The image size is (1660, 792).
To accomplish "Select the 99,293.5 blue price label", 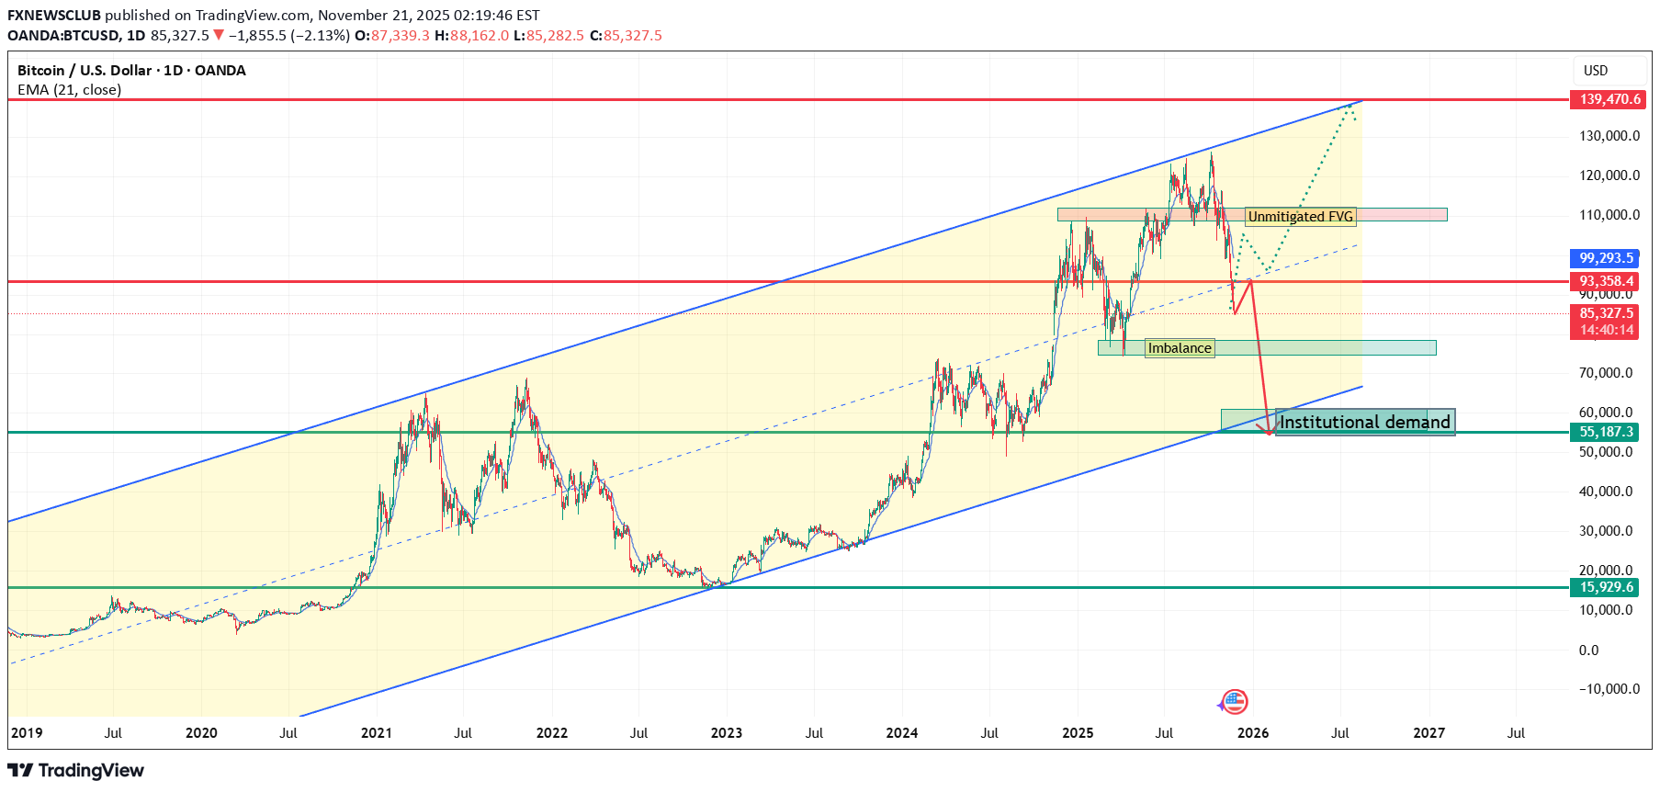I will (x=1606, y=258).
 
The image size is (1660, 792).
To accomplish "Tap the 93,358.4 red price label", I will (x=1606, y=281).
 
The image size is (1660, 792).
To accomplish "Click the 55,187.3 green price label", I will (x=1606, y=432).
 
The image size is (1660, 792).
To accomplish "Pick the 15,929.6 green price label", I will (x=1606, y=587).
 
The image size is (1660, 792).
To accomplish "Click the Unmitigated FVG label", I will (x=1300, y=217).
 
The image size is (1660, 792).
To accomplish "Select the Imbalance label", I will (x=1180, y=348).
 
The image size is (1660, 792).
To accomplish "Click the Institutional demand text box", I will (x=1364, y=422).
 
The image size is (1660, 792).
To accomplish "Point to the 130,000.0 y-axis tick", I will (x=1609, y=136).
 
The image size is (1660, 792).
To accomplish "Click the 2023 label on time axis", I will (x=726, y=733).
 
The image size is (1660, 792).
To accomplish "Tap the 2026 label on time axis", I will (x=1252, y=733).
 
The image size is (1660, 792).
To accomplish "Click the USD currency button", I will (x=1596, y=71).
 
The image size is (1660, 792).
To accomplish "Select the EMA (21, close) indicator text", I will (x=70, y=90).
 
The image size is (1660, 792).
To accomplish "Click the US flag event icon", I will (x=1235, y=703).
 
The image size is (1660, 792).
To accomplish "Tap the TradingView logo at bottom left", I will (x=76, y=770).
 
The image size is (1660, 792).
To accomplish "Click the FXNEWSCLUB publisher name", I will (x=53, y=15).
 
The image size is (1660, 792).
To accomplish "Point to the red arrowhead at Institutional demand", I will (x=1269, y=431).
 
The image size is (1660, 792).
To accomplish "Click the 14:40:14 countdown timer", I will (x=1606, y=330).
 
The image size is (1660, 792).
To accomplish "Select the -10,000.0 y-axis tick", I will (x=1609, y=689).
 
